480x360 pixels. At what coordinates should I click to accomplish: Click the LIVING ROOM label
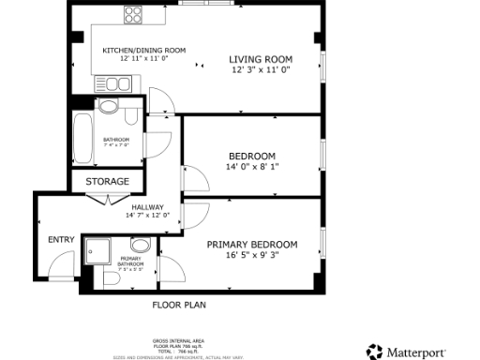260,60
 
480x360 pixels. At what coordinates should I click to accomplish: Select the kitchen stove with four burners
133,15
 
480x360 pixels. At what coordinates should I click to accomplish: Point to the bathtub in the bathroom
82,139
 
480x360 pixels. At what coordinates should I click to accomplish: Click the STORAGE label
108,181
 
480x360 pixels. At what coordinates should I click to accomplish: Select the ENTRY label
61,239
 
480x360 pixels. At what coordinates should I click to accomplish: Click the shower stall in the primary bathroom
97,250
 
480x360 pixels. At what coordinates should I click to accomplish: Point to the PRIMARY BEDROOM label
251,245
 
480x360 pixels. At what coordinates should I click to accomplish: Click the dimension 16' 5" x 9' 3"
251,255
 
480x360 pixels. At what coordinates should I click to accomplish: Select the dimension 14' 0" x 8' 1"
251,166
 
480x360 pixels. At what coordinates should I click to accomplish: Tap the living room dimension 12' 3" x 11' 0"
260,70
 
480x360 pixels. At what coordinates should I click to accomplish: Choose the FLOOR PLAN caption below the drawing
179,305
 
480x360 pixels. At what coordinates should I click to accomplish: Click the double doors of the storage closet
108,198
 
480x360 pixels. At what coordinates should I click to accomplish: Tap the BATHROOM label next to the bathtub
117,140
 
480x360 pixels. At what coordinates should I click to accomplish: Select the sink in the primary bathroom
140,246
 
